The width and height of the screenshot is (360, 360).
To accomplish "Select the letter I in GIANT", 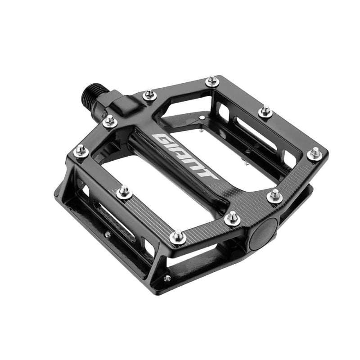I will (171, 146).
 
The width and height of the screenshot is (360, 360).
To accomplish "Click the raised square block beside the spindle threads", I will (123, 103).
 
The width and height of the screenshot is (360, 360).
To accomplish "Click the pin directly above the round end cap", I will (274, 195).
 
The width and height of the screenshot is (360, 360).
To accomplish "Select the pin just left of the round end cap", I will (232, 217).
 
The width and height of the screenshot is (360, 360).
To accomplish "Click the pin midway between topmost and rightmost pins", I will (265, 110).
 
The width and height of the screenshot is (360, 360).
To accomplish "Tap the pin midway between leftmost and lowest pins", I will (125, 192).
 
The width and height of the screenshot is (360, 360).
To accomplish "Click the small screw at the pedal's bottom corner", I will (167, 278).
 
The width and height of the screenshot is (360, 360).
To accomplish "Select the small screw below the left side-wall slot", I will (108, 234).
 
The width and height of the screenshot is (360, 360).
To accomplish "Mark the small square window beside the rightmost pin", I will (288, 157).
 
